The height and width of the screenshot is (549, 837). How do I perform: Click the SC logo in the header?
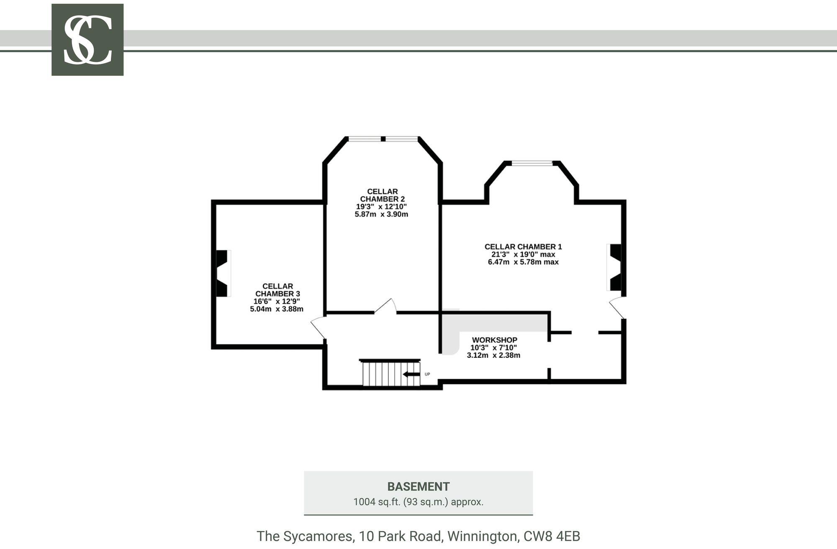pyautogui.click(x=87, y=40)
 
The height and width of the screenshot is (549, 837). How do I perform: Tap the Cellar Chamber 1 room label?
pyautogui.click(x=523, y=247)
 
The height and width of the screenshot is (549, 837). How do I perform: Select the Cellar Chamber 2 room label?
pyautogui.click(x=382, y=195)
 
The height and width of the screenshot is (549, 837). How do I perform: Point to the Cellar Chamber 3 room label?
pyautogui.click(x=277, y=290)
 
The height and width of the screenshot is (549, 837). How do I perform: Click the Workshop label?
pyautogui.click(x=494, y=340)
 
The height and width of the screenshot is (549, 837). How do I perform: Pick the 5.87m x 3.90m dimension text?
pyautogui.click(x=381, y=214)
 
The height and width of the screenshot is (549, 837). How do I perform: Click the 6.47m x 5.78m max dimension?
pyautogui.click(x=523, y=262)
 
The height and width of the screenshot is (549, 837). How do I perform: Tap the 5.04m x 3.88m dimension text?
pyautogui.click(x=277, y=309)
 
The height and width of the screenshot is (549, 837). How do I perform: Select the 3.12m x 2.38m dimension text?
pyautogui.click(x=493, y=355)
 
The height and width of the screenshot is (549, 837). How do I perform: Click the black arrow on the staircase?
pyautogui.click(x=411, y=375)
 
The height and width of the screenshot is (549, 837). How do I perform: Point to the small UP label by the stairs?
pyautogui.click(x=427, y=374)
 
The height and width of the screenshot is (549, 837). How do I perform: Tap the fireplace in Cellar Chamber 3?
pyautogui.click(x=222, y=274)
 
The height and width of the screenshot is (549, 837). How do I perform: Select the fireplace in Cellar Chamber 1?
pyautogui.click(x=614, y=267)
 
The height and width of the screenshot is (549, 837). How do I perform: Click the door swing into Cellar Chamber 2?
pyautogui.click(x=385, y=306)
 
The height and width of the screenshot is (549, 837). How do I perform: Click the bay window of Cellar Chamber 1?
pyautogui.click(x=532, y=163)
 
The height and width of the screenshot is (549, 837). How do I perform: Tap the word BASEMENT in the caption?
pyautogui.click(x=418, y=487)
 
